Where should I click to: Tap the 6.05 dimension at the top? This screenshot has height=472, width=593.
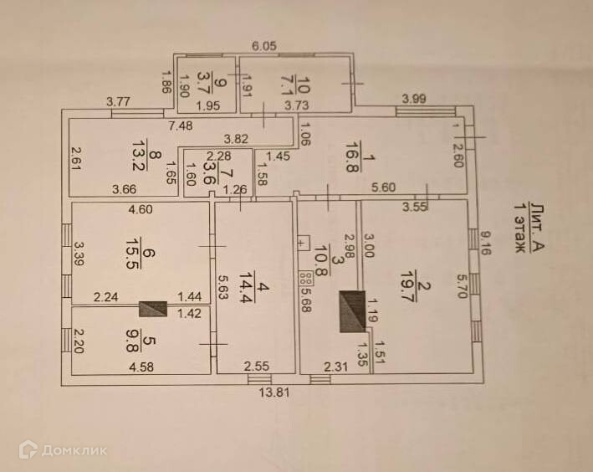point(268,47)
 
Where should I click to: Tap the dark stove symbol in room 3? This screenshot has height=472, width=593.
point(350,311)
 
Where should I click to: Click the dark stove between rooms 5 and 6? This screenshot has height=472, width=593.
point(153,309)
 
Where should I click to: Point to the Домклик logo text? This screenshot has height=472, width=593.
point(74,450)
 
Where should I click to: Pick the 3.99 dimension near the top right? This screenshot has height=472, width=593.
point(414,99)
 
